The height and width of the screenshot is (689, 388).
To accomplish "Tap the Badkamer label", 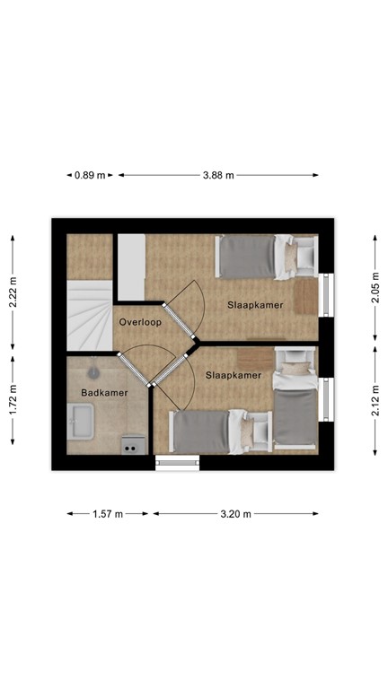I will (104, 393).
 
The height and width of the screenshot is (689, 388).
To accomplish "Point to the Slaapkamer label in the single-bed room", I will (256, 305).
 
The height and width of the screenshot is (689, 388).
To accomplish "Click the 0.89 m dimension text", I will (90, 176).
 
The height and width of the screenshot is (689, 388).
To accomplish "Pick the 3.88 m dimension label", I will (218, 176).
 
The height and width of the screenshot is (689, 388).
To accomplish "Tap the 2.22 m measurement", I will (13, 291).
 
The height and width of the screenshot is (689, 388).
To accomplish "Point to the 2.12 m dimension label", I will (375, 395).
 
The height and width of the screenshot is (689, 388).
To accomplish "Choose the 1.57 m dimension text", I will (108, 514).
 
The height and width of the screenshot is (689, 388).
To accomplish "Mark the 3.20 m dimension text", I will (235, 514).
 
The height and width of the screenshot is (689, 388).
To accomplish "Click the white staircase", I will (87, 314).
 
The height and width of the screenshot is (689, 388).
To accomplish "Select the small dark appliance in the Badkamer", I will (132, 443).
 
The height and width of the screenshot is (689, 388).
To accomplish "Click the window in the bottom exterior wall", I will (177, 463).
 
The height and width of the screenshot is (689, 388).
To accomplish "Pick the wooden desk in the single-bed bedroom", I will (307, 295).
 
